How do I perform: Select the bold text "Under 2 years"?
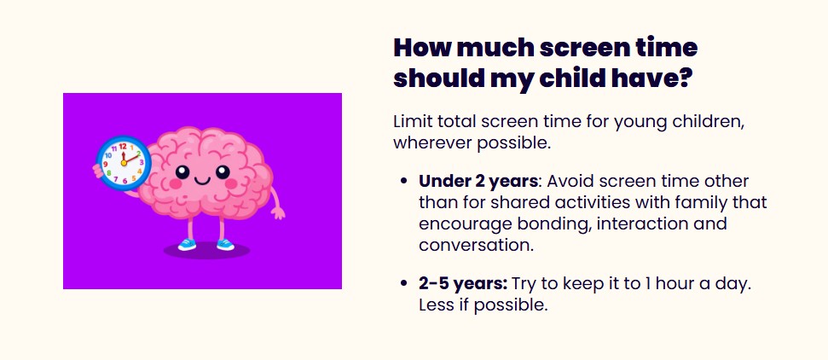pyautogui.click(x=478, y=182)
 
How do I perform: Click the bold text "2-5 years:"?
pyautogui.click(x=463, y=284)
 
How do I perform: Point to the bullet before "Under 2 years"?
pyautogui.click(x=404, y=182)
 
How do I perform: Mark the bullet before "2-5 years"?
pyautogui.click(x=404, y=284)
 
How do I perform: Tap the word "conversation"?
pyautogui.click(x=475, y=246)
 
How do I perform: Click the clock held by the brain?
pyautogui.click(x=124, y=163)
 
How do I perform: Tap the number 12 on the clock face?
pyautogui.click(x=123, y=147)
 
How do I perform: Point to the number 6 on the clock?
pyautogui.click(x=124, y=181)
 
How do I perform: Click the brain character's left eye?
pyautogui.click(x=182, y=171)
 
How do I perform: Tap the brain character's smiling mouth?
pyautogui.click(x=202, y=181)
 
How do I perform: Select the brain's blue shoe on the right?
pyautogui.click(x=225, y=244)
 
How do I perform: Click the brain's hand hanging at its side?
pyautogui.click(x=277, y=213)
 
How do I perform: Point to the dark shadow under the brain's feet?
pyautogui.click(x=206, y=251)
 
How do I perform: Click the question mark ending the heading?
pyautogui.click(x=684, y=78)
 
